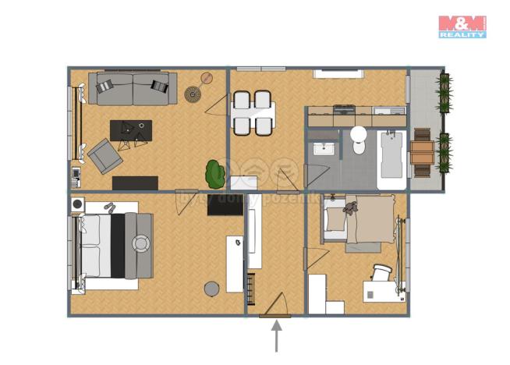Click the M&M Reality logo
click(462, 26)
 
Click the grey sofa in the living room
click(132, 89)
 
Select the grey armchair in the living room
click(103, 155)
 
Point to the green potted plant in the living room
click(214, 173)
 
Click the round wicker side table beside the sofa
click(193, 94)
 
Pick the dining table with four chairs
click(252, 112)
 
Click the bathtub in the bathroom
click(391, 159)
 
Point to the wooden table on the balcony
click(421, 151)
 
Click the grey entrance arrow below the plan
click(275, 337)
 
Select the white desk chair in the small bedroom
click(381, 274)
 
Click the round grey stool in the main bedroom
click(211, 289)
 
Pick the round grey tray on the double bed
click(140, 244)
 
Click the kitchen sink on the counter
click(386, 111)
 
